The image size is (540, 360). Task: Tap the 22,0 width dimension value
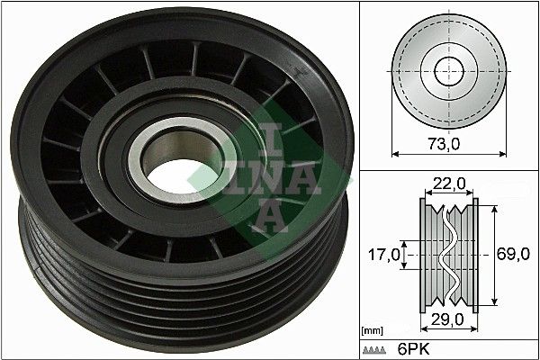point(448,184)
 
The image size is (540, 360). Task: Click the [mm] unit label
point(372,332)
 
